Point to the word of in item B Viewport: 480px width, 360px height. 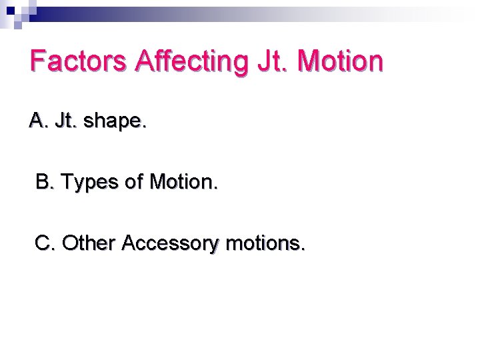(x=136, y=181)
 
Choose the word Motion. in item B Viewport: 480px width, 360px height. (x=183, y=181)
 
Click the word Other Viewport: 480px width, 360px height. (x=89, y=243)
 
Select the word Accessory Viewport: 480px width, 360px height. (x=170, y=245)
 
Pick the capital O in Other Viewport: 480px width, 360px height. (x=69, y=243)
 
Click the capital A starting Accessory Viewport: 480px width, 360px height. (x=129, y=243)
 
